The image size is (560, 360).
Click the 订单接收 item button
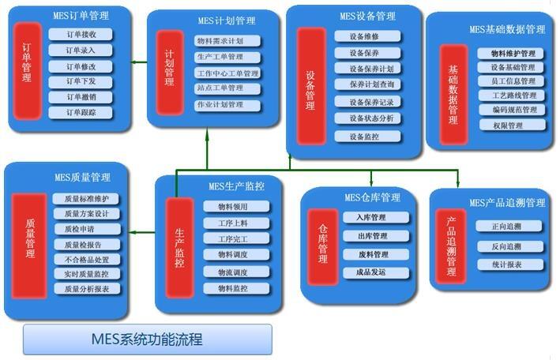81,34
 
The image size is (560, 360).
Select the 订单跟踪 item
81,112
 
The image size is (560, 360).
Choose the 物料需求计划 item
229,41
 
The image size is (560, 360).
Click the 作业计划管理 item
229,105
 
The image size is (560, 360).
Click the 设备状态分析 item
363,118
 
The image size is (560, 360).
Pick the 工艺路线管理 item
512,96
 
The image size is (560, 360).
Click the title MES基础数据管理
507,29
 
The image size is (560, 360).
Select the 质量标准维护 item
87,199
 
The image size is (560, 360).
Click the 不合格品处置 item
87,259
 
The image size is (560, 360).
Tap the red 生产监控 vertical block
179,246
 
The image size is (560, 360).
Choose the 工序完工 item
232,238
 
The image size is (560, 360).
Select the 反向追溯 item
506,246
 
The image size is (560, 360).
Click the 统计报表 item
506,264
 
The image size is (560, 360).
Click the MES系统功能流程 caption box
148,339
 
